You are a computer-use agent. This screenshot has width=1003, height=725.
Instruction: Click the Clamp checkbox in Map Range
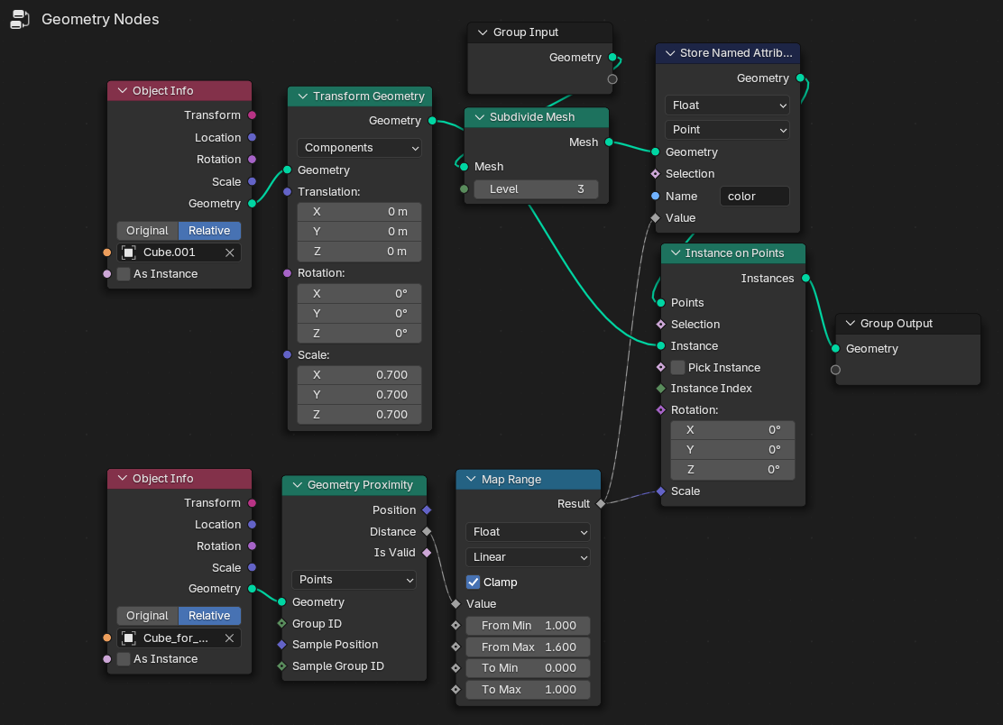[x=473, y=582]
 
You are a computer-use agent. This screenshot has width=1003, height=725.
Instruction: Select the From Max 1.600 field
[x=528, y=647]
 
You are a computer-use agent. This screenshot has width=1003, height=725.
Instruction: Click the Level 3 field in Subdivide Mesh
[x=536, y=189]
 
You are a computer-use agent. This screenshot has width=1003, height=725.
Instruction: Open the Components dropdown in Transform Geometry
[x=360, y=148]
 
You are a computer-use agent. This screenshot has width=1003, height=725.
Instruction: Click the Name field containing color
[x=754, y=197]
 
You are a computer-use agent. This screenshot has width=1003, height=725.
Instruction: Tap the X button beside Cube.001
[x=230, y=252]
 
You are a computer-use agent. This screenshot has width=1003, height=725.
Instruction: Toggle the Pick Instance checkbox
[x=677, y=368]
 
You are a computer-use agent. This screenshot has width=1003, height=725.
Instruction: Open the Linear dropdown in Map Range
[x=528, y=557]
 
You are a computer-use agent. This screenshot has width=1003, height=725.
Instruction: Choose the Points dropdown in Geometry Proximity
[x=354, y=579]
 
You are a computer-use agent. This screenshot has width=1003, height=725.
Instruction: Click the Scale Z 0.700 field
[x=360, y=414]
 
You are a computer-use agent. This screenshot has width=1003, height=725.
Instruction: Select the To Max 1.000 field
[x=528, y=690]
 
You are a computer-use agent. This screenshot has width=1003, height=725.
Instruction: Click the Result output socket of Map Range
[x=601, y=504]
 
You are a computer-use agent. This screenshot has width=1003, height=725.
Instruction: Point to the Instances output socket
[x=806, y=278]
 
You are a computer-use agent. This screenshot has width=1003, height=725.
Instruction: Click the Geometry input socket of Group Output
[x=835, y=348]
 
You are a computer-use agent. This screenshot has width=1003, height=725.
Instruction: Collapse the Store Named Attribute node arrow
[x=670, y=53]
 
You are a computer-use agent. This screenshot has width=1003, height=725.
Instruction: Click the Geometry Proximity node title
[x=360, y=484]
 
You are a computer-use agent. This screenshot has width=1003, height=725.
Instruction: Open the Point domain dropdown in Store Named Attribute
[x=727, y=130]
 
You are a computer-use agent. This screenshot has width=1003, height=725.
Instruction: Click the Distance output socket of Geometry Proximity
[x=427, y=531]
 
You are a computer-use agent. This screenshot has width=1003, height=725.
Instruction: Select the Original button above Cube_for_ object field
[x=147, y=616]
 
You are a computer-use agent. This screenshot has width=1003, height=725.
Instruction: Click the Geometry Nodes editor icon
[x=20, y=19]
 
